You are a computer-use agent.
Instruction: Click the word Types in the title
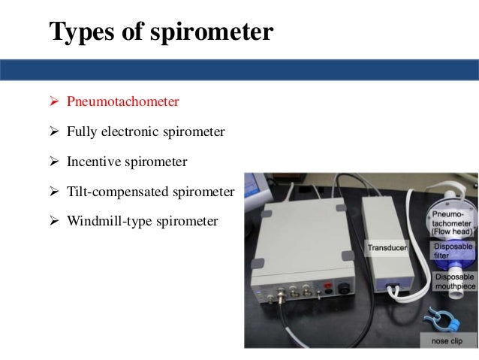76,32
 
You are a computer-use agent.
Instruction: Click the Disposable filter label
452,250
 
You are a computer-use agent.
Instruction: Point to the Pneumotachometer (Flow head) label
450,223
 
